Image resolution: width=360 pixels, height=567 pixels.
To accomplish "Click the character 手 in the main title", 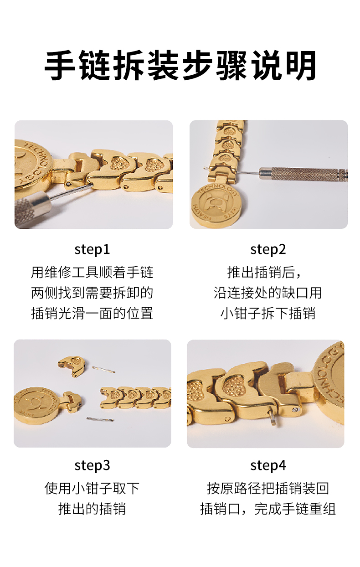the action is [x=60, y=65].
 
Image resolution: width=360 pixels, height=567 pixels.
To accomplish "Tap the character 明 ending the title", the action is [x=301, y=65].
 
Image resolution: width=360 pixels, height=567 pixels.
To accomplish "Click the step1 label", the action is [x=92, y=249].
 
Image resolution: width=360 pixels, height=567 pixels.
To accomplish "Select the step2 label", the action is [x=268, y=249].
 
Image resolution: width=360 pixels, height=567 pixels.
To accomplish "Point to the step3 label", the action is [x=92, y=465].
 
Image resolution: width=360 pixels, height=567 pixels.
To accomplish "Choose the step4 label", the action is [x=268, y=465].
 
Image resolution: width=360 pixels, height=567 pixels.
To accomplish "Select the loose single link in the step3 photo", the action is [x=71, y=366].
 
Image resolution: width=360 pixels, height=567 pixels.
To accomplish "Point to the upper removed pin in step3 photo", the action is [x=103, y=370].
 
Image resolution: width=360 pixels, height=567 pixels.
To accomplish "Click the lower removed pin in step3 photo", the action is [x=100, y=419].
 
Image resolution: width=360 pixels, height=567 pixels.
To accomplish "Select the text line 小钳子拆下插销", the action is [x=268, y=314].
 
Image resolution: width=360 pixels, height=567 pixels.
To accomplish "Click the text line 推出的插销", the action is [x=92, y=509].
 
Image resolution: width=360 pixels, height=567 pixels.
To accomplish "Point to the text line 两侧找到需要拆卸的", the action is [x=92, y=293].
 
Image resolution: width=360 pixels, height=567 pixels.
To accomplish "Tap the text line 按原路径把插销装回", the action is [x=268, y=489].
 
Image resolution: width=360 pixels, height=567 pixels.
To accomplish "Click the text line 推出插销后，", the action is [x=265, y=273].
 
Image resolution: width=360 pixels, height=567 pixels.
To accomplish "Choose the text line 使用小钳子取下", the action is [x=92, y=489].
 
